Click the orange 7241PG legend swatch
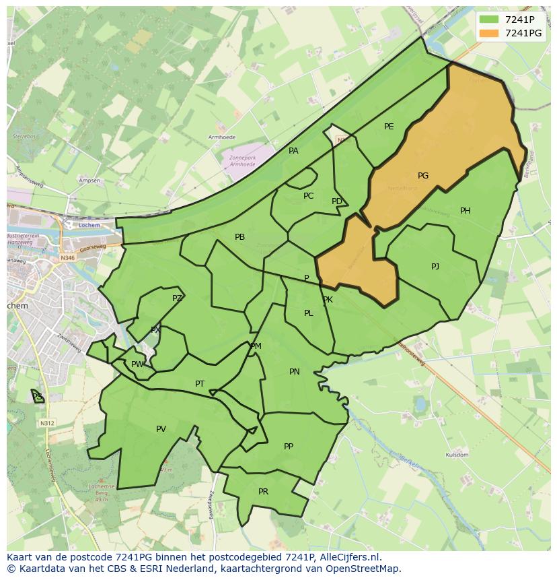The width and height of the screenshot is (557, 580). [x=489, y=34]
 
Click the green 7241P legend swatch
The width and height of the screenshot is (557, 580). [x=489, y=20]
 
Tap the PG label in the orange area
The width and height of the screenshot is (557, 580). [x=423, y=176]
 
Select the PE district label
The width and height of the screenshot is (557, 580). [x=389, y=127]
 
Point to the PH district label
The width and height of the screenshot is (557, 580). [x=466, y=211]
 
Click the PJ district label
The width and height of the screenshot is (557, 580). [x=435, y=267]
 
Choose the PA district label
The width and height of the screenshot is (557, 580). [x=293, y=151]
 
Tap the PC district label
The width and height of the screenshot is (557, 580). [x=308, y=196]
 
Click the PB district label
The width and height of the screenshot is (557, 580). [x=239, y=237]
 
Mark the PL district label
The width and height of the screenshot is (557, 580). [x=308, y=313]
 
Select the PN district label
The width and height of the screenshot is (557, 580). [x=295, y=372]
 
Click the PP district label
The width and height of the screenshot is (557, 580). [x=289, y=447]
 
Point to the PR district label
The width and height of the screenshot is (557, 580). [x=263, y=492]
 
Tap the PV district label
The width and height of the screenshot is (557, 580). [x=161, y=429]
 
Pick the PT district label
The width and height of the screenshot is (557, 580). [x=200, y=384]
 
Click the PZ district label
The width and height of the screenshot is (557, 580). [x=177, y=298]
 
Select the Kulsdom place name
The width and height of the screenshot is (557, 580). [x=457, y=455]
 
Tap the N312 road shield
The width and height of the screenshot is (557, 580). [x=46, y=423]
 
